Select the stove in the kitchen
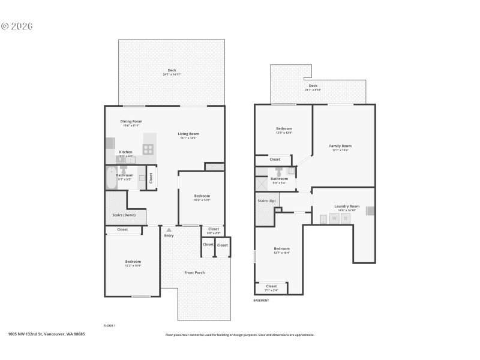tap(148, 149)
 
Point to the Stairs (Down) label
tap(124, 215)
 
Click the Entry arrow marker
tap(169, 229)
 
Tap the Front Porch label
tap(194, 273)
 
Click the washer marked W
tap(334, 219)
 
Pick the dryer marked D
tap(345, 219)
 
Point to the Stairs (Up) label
tap(266, 200)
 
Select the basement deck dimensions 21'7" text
tap(313, 89)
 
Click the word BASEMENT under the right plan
tap(261, 301)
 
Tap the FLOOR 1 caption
tap(109, 325)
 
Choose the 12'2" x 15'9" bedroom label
tap(133, 263)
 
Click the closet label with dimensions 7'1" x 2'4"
tap(271, 288)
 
